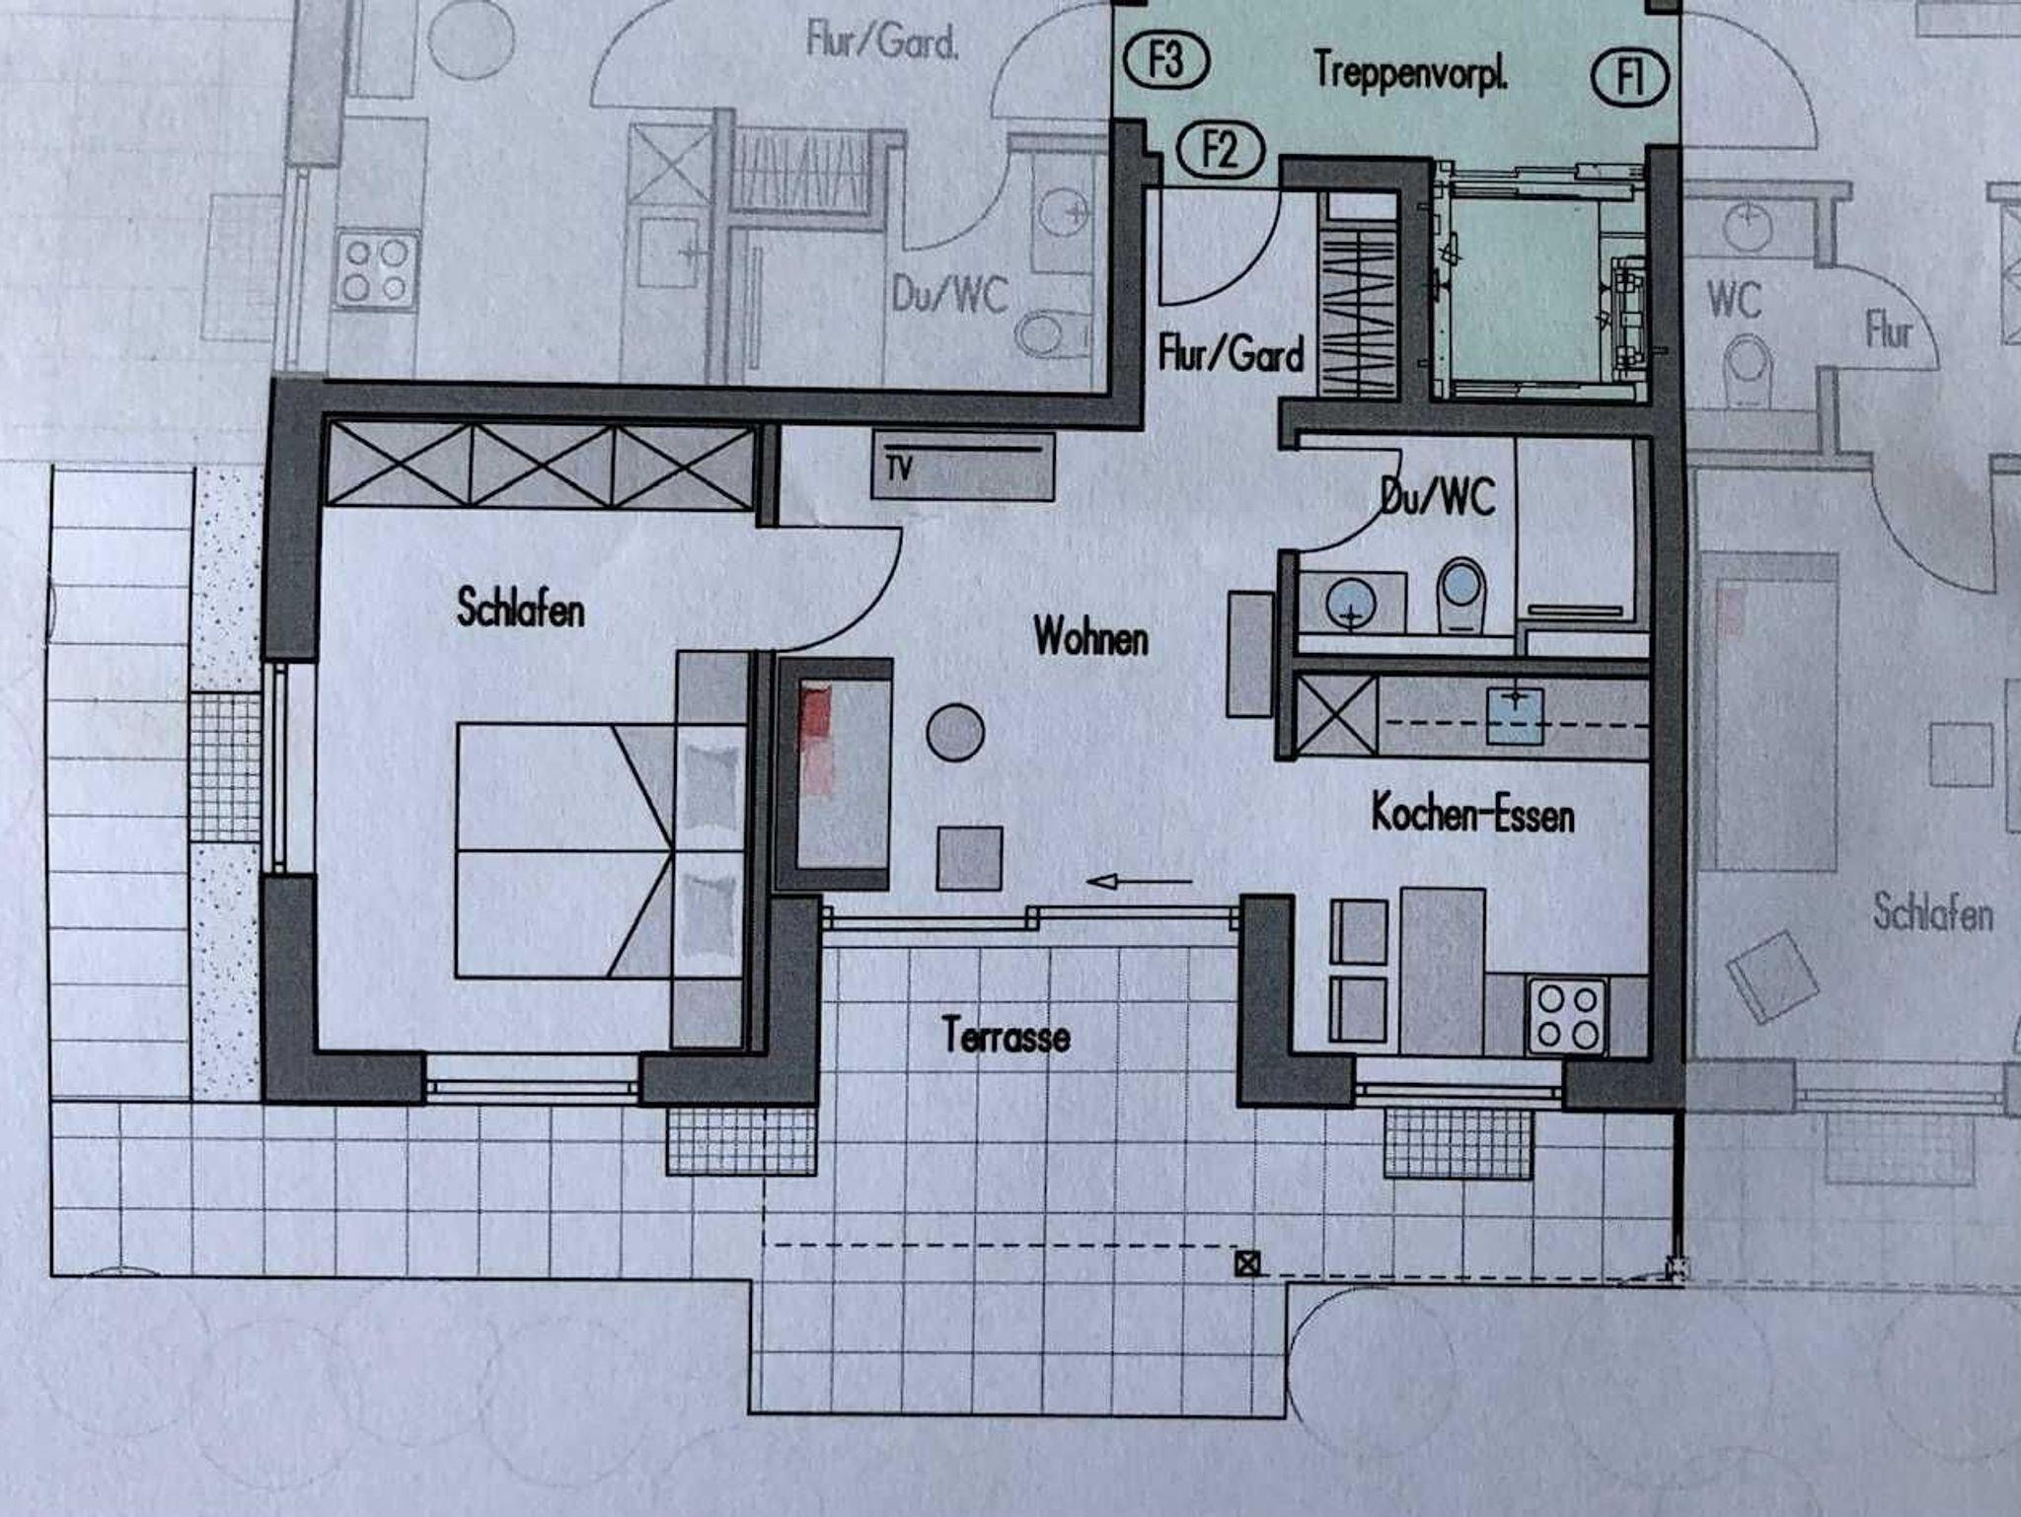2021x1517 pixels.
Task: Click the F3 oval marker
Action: [1166, 62]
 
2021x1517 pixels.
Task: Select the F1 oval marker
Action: [1630, 77]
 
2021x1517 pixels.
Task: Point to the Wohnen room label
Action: [1091, 637]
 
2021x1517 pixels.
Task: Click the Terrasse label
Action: [1006, 1036]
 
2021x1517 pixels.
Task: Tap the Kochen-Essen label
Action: [1472, 815]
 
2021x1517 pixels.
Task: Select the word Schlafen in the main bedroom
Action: [520, 608]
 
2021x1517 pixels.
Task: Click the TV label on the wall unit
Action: [898, 469]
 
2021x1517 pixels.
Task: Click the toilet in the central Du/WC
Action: [1460, 595]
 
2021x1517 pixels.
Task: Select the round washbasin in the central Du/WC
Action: [1351, 602]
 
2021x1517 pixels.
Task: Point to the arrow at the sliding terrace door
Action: [1140, 881]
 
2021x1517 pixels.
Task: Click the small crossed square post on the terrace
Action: [1248, 1264]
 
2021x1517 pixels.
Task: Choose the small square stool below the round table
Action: [969, 858]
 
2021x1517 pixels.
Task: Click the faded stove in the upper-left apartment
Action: [377, 269]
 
